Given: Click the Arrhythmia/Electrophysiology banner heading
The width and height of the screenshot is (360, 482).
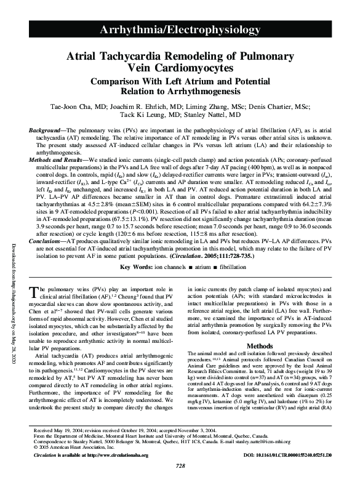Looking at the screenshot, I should (x=180, y=30).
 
